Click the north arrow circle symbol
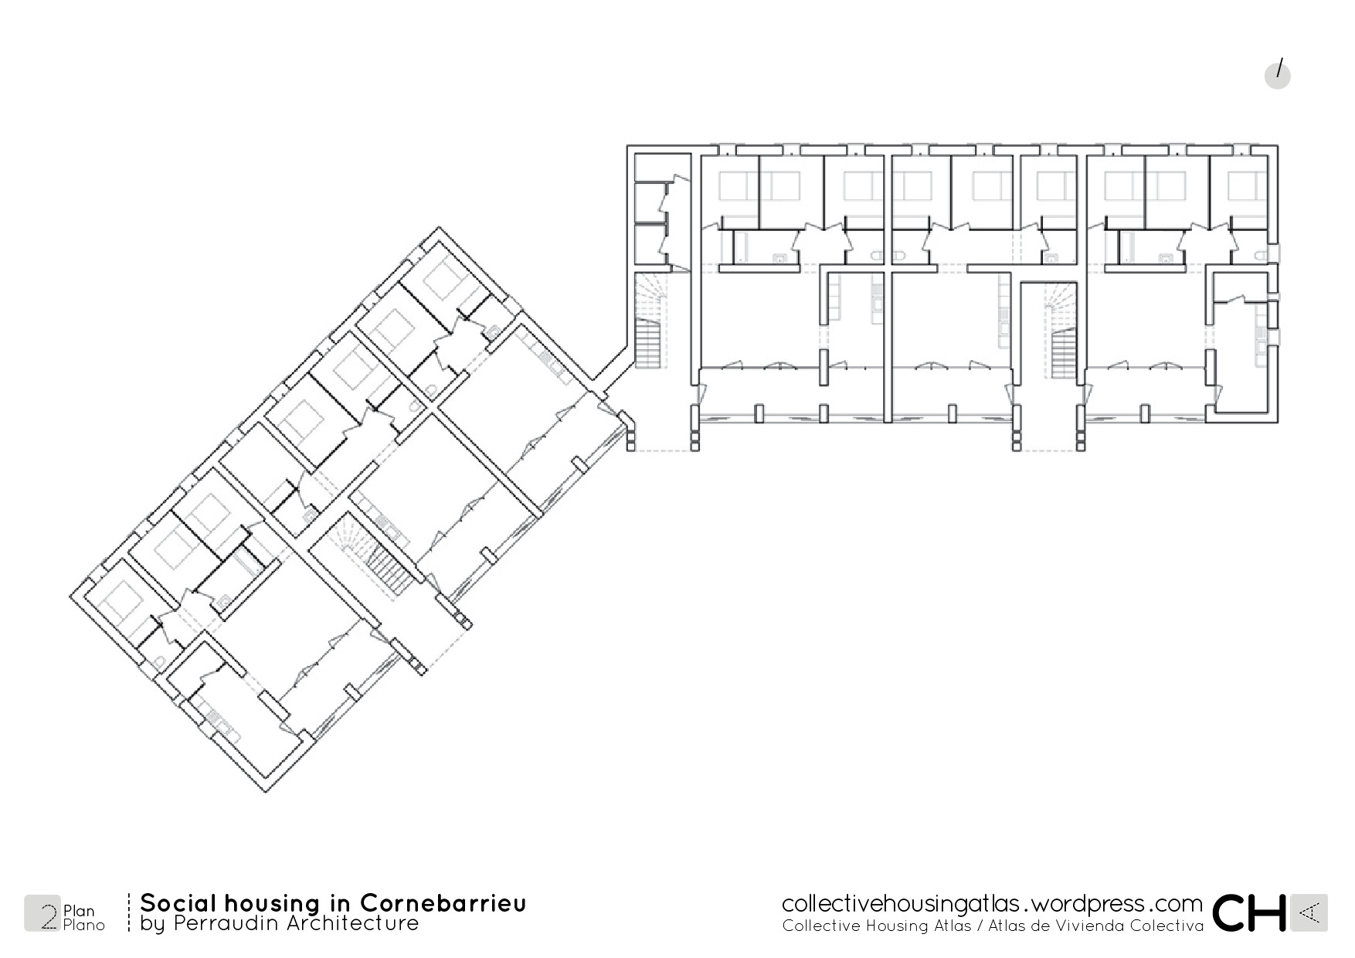(1278, 75)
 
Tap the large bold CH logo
(1249, 912)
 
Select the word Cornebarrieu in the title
(443, 903)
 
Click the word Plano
(84, 925)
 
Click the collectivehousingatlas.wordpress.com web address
(992, 903)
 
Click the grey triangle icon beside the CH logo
(1309, 913)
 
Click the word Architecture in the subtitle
(351, 923)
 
